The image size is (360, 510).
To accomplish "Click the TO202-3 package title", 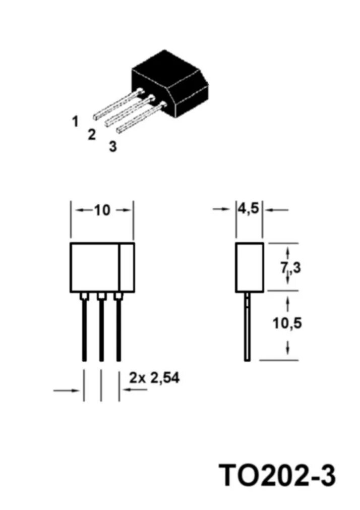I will pyautogui.click(x=277, y=475).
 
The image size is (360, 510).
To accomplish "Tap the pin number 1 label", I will pyautogui.click(x=75, y=121).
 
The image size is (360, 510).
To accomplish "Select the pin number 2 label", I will pyautogui.click(x=91, y=135).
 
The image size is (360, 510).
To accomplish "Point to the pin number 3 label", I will pyautogui.click(x=112, y=147).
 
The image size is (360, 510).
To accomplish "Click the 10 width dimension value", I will pyautogui.click(x=102, y=210).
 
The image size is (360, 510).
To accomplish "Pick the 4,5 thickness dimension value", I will pyautogui.click(x=249, y=208).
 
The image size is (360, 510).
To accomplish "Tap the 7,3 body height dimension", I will pyautogui.click(x=291, y=268).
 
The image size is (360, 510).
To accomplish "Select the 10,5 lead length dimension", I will pyautogui.click(x=287, y=323).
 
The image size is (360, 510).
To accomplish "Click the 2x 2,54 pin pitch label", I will pyautogui.click(x=154, y=377).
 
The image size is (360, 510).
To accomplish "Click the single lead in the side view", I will pyautogui.click(x=247, y=328).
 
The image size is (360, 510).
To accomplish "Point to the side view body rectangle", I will pyautogui.click(x=250, y=267).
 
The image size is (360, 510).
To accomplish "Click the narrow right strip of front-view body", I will pyautogui.click(x=127, y=267).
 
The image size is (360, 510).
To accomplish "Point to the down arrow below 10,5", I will pyautogui.click(x=287, y=348).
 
